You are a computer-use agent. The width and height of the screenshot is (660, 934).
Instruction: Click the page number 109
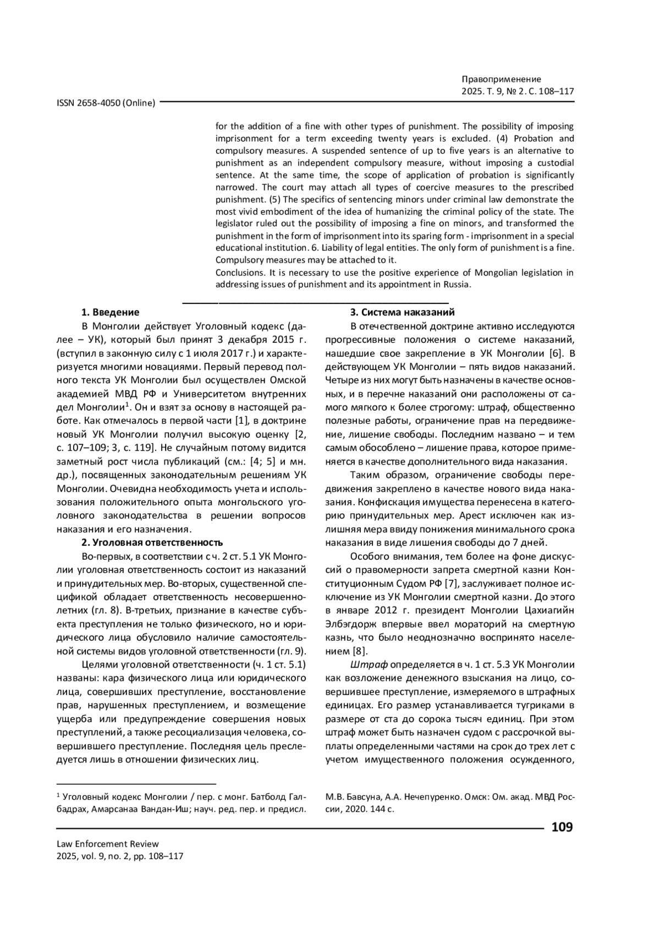point(562,827)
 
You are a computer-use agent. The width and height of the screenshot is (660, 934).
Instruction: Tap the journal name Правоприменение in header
point(501,79)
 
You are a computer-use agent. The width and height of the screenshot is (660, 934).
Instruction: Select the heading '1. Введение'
point(111,313)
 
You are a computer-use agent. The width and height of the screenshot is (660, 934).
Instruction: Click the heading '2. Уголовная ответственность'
point(152,543)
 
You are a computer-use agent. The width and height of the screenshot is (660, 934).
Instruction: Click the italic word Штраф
point(369,664)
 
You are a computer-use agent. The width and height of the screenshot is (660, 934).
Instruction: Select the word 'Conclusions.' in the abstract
point(240,272)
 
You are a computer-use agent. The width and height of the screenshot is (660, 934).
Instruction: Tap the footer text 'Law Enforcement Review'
point(108,844)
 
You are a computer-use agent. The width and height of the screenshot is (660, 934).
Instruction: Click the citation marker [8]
point(360,651)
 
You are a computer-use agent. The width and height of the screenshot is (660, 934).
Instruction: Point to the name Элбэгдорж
point(349,624)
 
